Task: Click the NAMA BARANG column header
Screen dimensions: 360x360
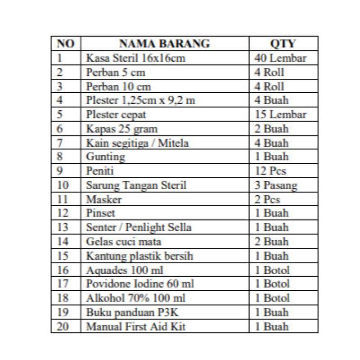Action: pyautogui.click(x=164, y=44)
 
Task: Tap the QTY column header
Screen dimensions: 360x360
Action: pyautogui.click(x=283, y=44)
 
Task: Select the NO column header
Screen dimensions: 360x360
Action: pyautogui.click(x=66, y=44)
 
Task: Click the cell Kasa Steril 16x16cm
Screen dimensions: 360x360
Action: pyautogui.click(x=135, y=58)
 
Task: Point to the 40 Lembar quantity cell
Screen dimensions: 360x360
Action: pyautogui.click(x=280, y=58)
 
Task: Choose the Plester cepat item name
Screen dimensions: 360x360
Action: pyautogui.click(x=117, y=114)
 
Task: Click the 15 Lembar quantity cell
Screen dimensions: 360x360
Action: pyautogui.click(x=280, y=114)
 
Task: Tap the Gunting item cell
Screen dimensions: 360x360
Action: pyautogui.click(x=106, y=157)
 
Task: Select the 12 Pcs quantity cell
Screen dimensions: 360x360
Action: pyautogui.click(x=270, y=171)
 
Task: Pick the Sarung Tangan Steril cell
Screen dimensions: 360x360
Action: pyautogui.click(x=136, y=184)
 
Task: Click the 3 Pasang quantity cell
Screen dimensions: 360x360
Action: pyautogui.click(x=275, y=184)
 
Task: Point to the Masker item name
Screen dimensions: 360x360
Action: pyautogui.click(x=104, y=198)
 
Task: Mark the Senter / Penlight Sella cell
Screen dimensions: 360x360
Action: pyautogui.click(x=139, y=227)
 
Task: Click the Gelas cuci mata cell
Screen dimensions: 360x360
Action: pyautogui.click(x=124, y=241)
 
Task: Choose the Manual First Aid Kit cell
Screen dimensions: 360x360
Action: pyautogui.click(x=135, y=326)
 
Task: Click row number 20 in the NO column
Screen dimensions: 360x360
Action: pyautogui.click(x=63, y=326)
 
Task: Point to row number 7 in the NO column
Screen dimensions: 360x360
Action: pyautogui.click(x=61, y=143)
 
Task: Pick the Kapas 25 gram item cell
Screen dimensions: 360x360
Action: pyautogui.click(x=121, y=129)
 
